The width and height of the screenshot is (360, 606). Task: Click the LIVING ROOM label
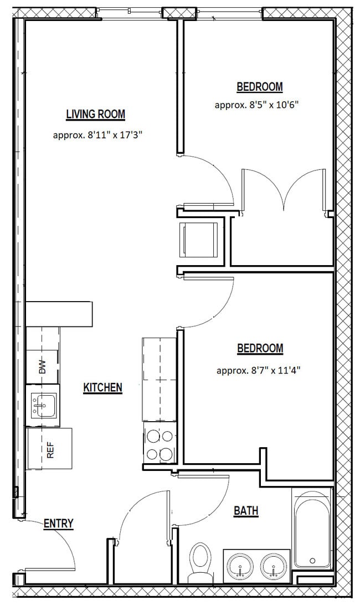(95, 115)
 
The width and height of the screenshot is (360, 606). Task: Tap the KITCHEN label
(102, 387)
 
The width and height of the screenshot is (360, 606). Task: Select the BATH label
(246, 511)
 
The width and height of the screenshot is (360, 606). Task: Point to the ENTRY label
(58, 524)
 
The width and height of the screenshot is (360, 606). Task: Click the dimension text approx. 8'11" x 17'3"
(98, 134)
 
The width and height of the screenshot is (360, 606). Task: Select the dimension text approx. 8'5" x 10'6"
(256, 105)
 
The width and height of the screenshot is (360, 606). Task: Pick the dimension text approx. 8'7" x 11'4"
(258, 370)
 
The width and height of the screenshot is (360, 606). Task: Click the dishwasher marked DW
(42, 367)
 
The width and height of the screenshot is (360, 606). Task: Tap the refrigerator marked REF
(50, 449)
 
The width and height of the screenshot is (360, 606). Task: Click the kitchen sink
(42, 406)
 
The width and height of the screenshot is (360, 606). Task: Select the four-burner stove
(160, 446)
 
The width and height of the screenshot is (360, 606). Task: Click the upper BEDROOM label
(259, 87)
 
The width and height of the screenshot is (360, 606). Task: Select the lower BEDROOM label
(260, 349)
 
